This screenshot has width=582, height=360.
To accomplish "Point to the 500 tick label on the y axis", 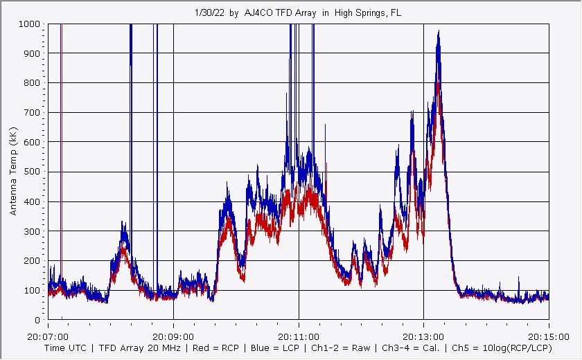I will (x=33, y=172).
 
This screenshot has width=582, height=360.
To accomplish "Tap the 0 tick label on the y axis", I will (x=39, y=320).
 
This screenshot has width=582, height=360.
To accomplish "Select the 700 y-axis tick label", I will (x=33, y=112).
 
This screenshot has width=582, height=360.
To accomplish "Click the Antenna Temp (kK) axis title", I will (x=14, y=171).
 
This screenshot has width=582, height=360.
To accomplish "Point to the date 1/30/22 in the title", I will (x=209, y=13).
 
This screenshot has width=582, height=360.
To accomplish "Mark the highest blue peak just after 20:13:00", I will (x=439, y=32).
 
